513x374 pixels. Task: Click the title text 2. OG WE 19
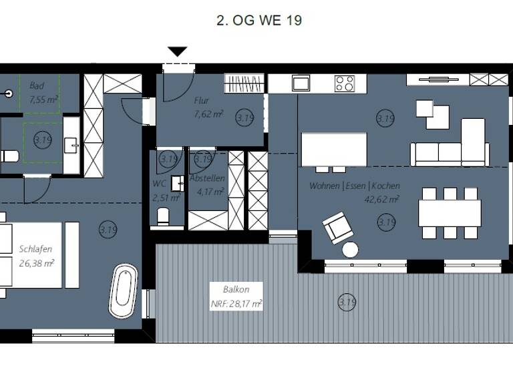pos(259,21)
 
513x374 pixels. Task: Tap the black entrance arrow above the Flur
pos(177,51)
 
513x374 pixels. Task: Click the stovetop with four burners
pos(345,83)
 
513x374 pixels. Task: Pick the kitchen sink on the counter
pos(301,83)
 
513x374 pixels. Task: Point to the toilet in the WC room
pos(162,216)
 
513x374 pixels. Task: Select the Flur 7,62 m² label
pos(208,108)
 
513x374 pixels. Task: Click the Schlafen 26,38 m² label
pos(37,256)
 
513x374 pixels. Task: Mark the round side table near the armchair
pos(350,250)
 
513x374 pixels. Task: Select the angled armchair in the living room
pos(337,226)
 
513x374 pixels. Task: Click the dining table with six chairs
pos(450,213)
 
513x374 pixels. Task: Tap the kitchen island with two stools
pos(334,149)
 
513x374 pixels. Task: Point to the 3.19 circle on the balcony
pos(347,303)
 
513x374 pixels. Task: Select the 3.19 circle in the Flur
pos(245,118)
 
